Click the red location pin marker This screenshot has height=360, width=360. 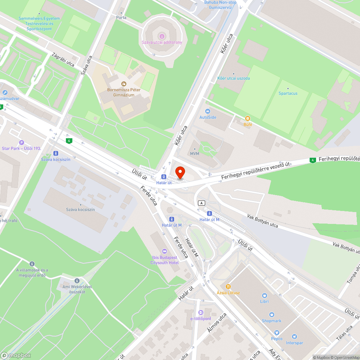(x=179, y=172)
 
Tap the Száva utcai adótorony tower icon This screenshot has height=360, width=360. (x=162, y=36)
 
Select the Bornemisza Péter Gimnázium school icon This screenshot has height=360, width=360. (x=124, y=84)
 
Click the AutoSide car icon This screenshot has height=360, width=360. (x=208, y=111)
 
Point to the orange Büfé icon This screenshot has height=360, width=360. (x=248, y=118)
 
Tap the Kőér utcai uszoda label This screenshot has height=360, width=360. (x=233, y=78)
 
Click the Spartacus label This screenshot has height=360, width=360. (x=288, y=93)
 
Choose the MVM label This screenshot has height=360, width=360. (x=194, y=154)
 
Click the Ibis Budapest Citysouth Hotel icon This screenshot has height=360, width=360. (x=165, y=251)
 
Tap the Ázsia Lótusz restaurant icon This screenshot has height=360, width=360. (x=228, y=287)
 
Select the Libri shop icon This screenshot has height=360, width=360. (x=265, y=295)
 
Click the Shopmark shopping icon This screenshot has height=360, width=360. (x=272, y=315)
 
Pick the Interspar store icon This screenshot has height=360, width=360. (x=295, y=337)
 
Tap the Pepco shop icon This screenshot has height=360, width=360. (x=276, y=333)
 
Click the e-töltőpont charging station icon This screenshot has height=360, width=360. (x=201, y=312)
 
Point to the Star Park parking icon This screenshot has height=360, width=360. (x=21, y=143)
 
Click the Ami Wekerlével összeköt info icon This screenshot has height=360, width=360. (x=77, y=280)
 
